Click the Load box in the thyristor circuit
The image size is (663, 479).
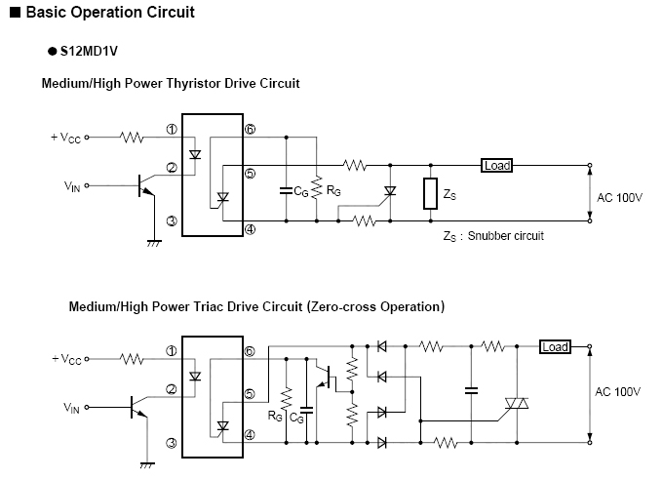[497, 165]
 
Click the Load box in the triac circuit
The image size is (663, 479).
[555, 347]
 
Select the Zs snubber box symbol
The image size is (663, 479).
[430, 193]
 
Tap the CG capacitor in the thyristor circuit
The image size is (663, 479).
[287, 190]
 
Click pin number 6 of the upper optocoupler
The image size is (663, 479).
[251, 129]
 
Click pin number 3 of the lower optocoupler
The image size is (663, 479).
[172, 443]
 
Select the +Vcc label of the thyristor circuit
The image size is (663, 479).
[65, 138]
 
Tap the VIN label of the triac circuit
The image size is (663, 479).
[71, 408]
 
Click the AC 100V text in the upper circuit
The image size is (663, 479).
[619, 198]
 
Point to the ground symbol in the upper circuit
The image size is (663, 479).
[154, 243]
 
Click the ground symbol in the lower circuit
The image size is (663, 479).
[147, 465]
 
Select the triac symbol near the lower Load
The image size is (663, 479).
[517, 403]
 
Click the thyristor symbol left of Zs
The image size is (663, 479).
[390, 191]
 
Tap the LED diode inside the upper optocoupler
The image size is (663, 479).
[195, 154]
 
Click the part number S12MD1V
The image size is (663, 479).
[89, 51]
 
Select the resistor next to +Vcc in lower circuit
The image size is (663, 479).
[132, 359]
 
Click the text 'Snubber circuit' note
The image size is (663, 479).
[506, 236]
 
